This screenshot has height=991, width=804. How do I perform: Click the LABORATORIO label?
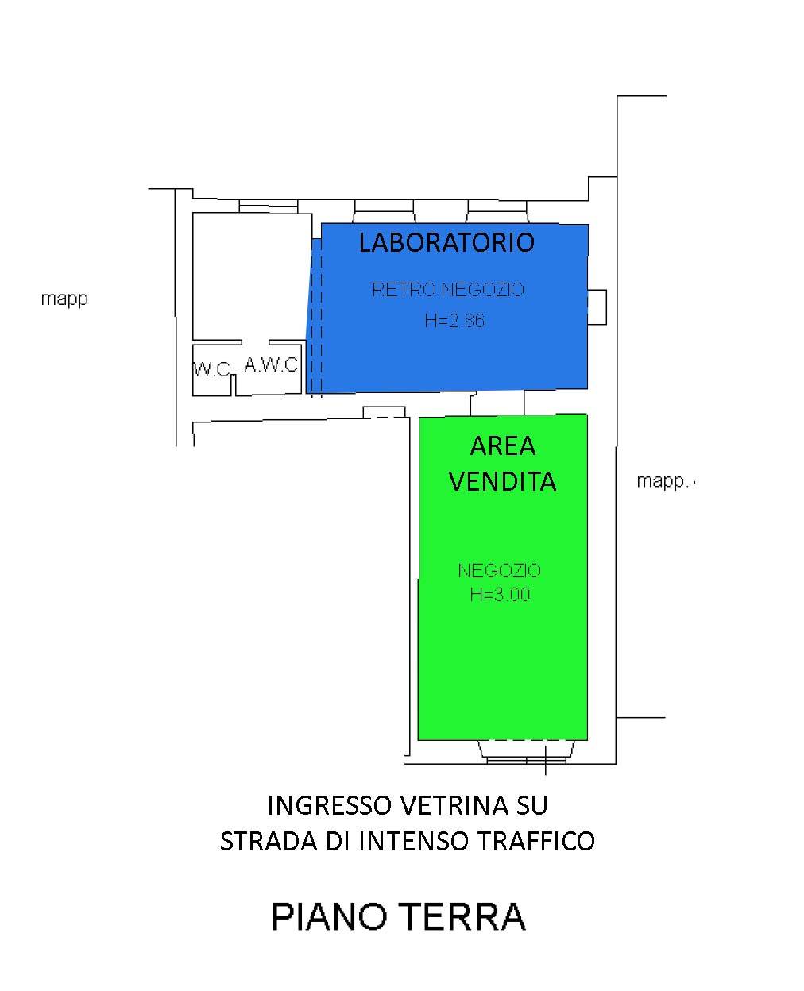446,242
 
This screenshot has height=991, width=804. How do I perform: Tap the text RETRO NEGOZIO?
448,290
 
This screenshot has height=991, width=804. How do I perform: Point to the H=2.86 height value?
454,322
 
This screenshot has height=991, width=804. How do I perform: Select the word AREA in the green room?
503,446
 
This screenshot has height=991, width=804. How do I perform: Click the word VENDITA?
503,481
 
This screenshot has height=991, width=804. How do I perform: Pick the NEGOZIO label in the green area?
499,570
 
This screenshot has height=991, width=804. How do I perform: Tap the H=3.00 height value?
499,594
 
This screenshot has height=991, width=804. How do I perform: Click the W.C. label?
212,370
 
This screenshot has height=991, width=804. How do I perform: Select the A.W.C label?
270,365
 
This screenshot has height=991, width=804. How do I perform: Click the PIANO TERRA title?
399,916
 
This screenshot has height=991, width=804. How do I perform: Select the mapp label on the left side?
64,300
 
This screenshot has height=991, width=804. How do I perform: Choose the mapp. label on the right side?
664,482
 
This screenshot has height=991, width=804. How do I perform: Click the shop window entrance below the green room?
524,750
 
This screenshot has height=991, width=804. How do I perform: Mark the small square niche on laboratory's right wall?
597,307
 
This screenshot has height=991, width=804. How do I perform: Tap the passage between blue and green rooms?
497,403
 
